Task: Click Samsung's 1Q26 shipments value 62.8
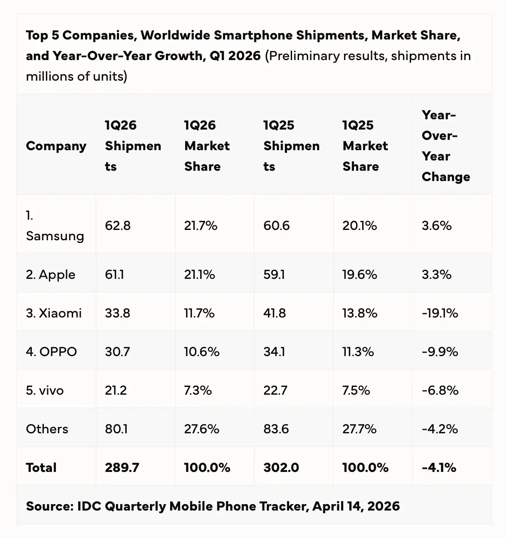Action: tap(118, 226)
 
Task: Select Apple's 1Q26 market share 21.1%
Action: tap(199, 275)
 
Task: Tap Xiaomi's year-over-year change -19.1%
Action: tap(440, 313)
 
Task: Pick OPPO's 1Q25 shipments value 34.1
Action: tap(274, 352)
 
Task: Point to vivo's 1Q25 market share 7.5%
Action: tap(356, 390)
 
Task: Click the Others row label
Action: tap(47, 429)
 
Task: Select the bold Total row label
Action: tap(41, 467)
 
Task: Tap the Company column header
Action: tap(56, 146)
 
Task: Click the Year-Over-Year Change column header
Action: tap(445, 146)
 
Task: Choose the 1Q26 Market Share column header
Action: tap(207, 146)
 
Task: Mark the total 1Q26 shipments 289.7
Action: tap(122, 467)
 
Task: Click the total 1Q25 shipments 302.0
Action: tap(281, 467)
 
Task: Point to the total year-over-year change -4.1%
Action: tap(439, 467)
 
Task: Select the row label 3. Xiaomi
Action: tap(54, 313)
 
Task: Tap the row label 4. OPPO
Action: tap(51, 352)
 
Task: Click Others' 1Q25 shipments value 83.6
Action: tap(276, 429)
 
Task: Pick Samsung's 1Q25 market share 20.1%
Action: tap(360, 226)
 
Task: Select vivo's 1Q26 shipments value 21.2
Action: tap(116, 390)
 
